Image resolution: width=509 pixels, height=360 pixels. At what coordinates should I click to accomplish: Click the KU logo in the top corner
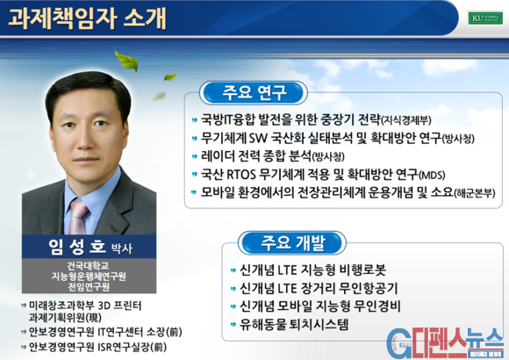(x=485, y=18)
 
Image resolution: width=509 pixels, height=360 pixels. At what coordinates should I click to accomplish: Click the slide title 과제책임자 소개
(x=87, y=18)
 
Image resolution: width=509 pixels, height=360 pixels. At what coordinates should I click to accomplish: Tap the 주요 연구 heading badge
(x=254, y=93)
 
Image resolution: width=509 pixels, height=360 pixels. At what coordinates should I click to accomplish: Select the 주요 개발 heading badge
(x=292, y=242)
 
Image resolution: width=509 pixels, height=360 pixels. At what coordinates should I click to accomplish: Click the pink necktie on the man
(x=78, y=216)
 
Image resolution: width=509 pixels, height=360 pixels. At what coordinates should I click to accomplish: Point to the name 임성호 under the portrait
(x=77, y=247)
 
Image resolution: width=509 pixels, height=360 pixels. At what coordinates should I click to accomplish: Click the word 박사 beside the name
(x=122, y=248)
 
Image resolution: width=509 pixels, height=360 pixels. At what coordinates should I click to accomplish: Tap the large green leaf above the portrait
(x=127, y=61)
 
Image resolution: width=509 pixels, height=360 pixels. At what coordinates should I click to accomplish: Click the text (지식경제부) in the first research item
(x=405, y=120)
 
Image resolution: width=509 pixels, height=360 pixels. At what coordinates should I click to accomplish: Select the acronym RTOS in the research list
(x=240, y=175)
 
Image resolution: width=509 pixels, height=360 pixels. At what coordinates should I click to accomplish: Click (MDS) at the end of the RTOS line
(x=432, y=176)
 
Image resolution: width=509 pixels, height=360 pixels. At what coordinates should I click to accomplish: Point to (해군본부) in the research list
(x=474, y=193)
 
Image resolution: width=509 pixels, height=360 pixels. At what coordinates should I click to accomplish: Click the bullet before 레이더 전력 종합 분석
(x=195, y=156)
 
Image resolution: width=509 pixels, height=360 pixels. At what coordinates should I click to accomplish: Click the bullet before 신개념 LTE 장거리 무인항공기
(x=233, y=288)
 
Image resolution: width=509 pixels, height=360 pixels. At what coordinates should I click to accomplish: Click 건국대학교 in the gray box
(x=88, y=266)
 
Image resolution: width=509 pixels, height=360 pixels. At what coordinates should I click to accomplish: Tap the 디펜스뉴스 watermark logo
(x=445, y=343)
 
